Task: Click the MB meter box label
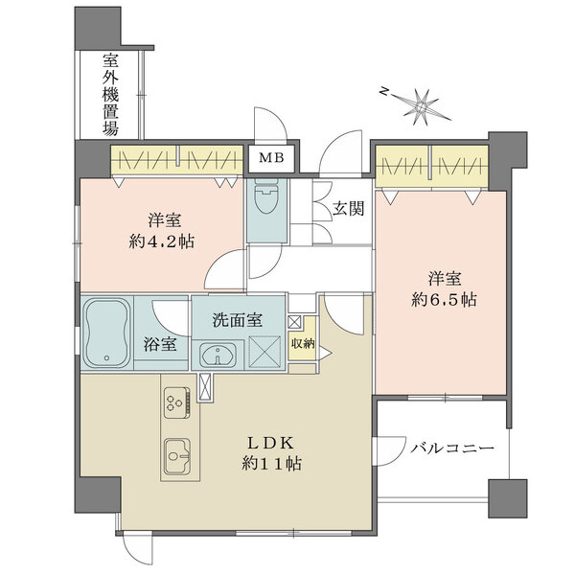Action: tap(271, 158)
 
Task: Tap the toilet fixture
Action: tap(266, 196)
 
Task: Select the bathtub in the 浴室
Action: tap(106, 333)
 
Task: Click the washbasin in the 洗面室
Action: tap(218, 355)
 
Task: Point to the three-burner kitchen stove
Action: tap(177, 402)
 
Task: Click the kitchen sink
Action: tap(177, 456)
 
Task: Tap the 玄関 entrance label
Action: tap(349, 208)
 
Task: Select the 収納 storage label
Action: tap(303, 343)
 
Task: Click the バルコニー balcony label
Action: tap(452, 448)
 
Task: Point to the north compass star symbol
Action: tap(422, 106)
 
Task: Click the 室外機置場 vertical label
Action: tap(110, 94)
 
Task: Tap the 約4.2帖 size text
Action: tap(162, 241)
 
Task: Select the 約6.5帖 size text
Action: tap(444, 300)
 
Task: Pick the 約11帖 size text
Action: tap(272, 464)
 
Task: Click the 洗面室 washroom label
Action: tap(238, 320)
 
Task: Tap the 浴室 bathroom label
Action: tap(160, 344)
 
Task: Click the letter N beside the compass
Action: tap(384, 91)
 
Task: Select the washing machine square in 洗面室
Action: tap(264, 352)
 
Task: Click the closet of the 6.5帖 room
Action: tap(431, 167)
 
